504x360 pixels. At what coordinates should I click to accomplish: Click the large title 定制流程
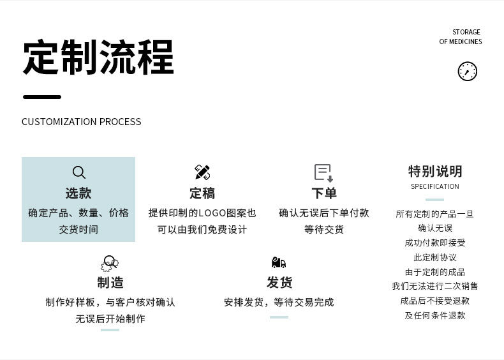(98, 58)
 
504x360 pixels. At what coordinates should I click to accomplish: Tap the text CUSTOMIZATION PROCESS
(82, 122)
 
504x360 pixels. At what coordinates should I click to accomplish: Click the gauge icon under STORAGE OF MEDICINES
(468, 71)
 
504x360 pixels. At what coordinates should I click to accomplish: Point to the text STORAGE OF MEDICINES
(461, 37)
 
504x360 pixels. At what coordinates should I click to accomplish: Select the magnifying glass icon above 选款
(78, 172)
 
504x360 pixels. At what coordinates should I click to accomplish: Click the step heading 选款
(78, 193)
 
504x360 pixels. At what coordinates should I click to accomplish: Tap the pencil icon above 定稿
(202, 172)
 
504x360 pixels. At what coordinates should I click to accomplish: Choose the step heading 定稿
(202, 193)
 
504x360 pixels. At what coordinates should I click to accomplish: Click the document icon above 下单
(323, 172)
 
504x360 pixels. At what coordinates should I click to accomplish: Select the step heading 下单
(324, 193)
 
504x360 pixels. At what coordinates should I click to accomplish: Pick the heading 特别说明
(435, 171)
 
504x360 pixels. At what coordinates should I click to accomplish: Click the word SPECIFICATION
(435, 186)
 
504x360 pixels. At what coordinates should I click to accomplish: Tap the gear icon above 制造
(110, 263)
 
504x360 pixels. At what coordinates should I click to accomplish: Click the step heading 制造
(110, 282)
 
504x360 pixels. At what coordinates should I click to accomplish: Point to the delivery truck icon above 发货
(279, 263)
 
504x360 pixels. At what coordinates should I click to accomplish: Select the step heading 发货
(279, 282)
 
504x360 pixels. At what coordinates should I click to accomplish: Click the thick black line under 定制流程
(42, 97)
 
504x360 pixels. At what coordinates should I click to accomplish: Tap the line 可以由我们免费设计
(202, 229)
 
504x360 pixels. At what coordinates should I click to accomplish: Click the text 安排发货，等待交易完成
(279, 302)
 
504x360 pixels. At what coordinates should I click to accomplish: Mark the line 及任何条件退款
(435, 315)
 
